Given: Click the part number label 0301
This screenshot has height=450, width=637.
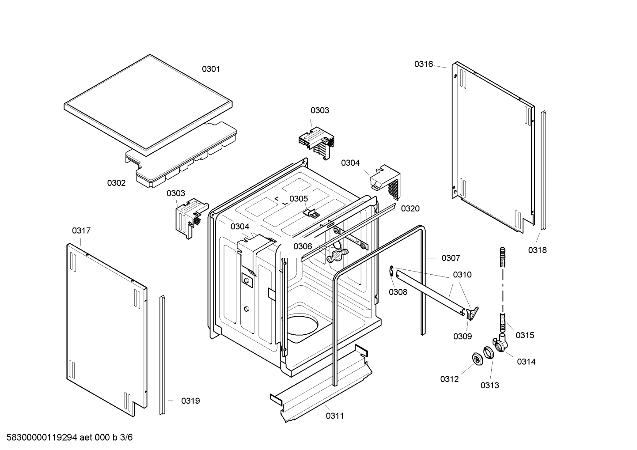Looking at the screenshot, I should point(211,69).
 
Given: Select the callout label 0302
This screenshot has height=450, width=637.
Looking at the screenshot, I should point(116,183).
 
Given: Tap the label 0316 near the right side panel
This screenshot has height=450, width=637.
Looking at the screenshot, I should point(423,64).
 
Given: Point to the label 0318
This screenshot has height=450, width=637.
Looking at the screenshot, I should point(537,250).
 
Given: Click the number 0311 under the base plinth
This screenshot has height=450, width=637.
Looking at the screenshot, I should point(335,416).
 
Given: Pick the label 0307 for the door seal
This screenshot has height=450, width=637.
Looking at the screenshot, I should point(451,258).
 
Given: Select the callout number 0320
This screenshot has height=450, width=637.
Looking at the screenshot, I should point(410,208).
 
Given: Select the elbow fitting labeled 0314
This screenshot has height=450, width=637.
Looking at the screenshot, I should point(501,344).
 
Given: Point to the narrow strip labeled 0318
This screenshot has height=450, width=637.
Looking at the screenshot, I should point(543,170).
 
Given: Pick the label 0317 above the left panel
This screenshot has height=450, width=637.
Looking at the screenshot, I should point(81,231).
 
